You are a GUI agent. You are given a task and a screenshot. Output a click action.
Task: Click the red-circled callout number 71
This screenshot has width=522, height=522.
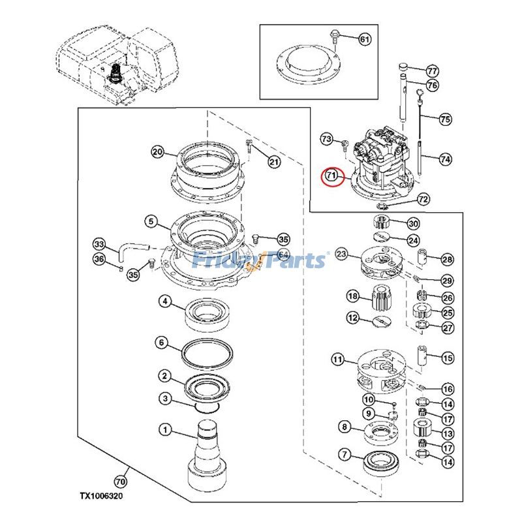click(x=331, y=176)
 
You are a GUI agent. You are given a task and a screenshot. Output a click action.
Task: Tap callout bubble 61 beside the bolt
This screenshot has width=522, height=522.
click(x=364, y=40)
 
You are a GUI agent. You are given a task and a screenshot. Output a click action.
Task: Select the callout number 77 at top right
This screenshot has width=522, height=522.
click(x=432, y=70)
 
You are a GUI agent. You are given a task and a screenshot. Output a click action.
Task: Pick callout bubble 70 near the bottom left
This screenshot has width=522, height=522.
click(x=119, y=482)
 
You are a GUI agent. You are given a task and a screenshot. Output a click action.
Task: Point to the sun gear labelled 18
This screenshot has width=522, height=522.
click(x=380, y=299)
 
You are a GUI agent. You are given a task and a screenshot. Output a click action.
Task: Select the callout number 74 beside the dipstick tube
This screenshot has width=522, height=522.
click(x=445, y=159)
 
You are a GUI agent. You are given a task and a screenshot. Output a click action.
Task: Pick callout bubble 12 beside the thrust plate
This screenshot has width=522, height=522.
click(x=353, y=318)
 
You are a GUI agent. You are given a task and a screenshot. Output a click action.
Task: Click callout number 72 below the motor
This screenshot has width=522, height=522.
click(x=423, y=198)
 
